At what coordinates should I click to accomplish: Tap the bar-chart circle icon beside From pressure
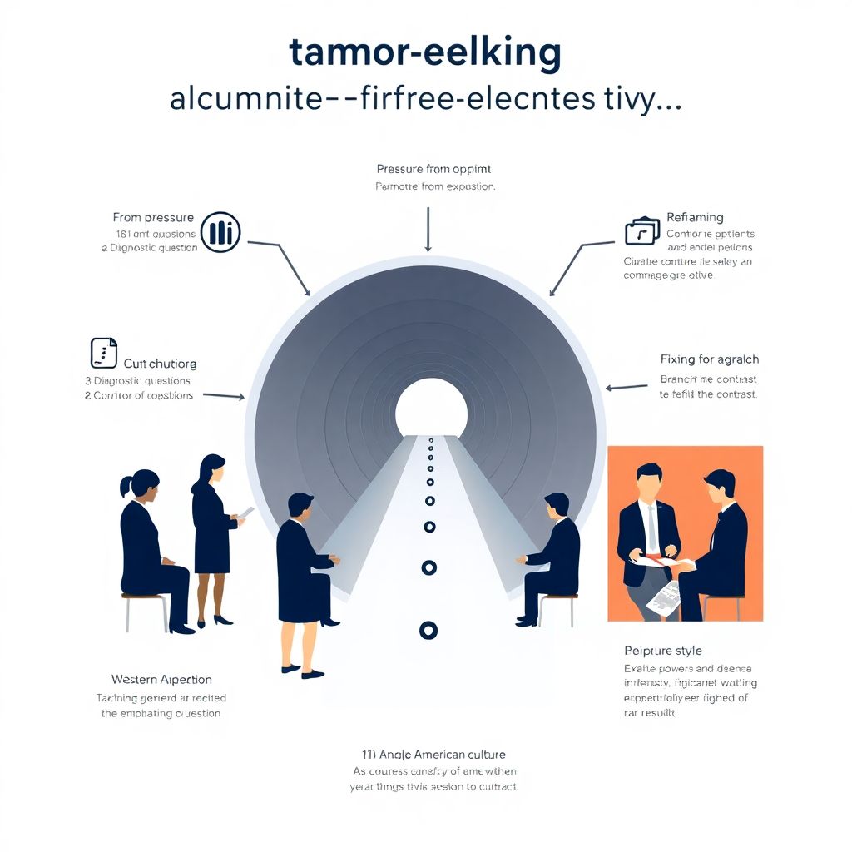pos(220,231)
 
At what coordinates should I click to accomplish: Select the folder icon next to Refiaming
pos(641,230)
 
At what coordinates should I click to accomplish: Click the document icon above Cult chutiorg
pos(103,353)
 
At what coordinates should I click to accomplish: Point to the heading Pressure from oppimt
pos(425,169)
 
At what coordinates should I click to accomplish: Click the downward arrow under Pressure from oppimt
pos(428,230)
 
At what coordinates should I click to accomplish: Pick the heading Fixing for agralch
pos(709,359)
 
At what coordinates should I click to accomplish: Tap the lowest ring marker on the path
pos(428,630)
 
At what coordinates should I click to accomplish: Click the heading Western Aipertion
pos(161,680)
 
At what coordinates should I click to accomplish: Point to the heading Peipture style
pos(662,650)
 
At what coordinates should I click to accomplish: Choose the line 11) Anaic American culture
pos(433,755)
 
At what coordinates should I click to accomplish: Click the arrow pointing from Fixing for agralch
pos(627,387)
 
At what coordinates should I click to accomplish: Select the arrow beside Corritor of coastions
pos(223,396)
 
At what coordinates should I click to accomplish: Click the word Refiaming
pos(695,218)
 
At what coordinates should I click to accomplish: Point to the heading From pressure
pos(153,218)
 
